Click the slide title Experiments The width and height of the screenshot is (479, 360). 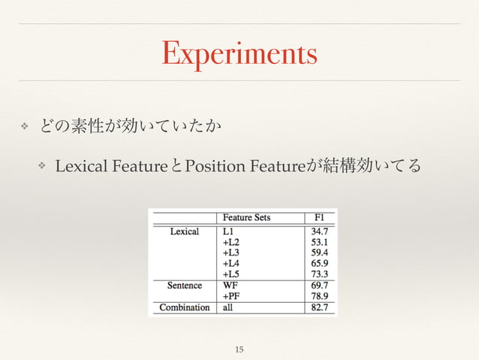239,54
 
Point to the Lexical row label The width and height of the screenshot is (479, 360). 185,231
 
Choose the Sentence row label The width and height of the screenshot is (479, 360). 185,286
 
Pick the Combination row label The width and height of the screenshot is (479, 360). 185,307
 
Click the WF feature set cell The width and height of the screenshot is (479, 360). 230,286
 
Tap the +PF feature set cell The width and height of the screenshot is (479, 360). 231,296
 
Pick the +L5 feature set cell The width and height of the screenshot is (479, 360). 232,274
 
